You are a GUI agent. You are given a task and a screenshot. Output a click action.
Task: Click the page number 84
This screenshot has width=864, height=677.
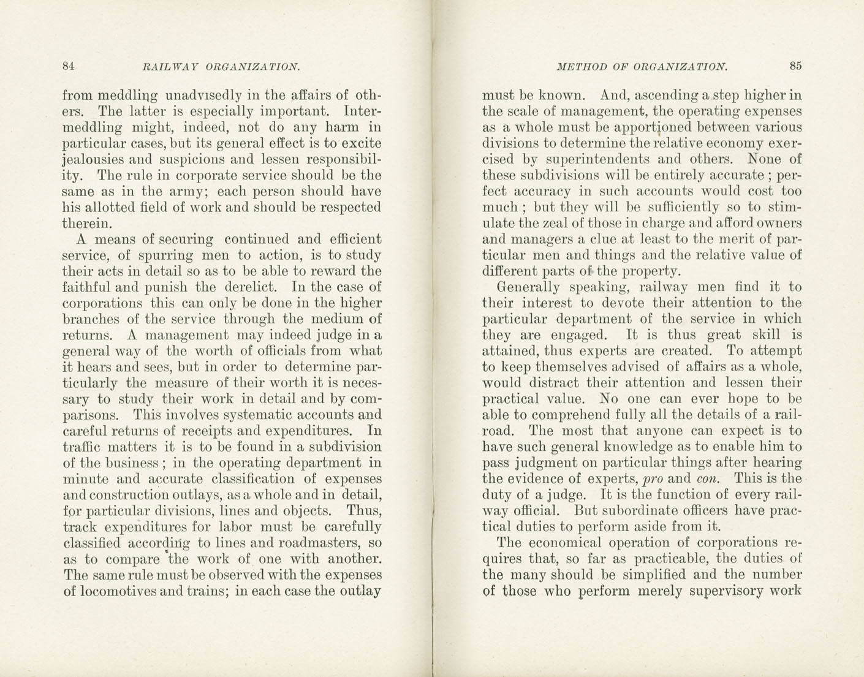[69, 66]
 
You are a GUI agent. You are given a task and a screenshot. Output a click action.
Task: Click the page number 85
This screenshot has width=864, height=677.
[795, 66]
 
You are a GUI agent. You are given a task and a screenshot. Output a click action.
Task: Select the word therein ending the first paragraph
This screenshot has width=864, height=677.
[87, 224]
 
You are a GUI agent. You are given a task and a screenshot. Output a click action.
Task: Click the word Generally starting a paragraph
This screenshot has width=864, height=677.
[528, 287]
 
